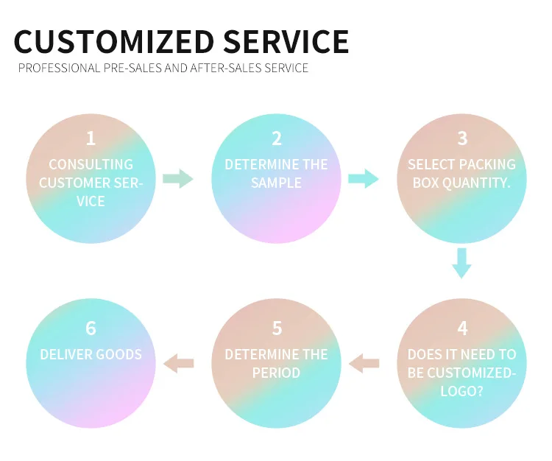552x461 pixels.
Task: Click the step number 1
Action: [91, 138]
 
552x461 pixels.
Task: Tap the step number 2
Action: [277, 138]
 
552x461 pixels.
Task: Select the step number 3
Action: [462, 138]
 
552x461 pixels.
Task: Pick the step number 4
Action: [462, 328]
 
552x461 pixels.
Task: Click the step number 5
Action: [277, 328]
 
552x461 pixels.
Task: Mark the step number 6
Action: [91, 328]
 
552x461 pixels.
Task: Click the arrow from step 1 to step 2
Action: [177, 178]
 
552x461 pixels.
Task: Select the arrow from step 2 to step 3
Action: [363, 178]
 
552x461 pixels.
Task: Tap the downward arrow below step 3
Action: [461, 263]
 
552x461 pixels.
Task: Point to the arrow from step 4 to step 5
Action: [364, 362]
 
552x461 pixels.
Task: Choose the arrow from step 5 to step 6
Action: [178, 362]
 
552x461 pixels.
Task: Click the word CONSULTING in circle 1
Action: [91, 164]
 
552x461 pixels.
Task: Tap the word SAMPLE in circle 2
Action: [277, 183]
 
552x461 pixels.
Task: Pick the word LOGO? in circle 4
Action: [461, 391]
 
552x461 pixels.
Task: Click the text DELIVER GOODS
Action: [91, 354]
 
